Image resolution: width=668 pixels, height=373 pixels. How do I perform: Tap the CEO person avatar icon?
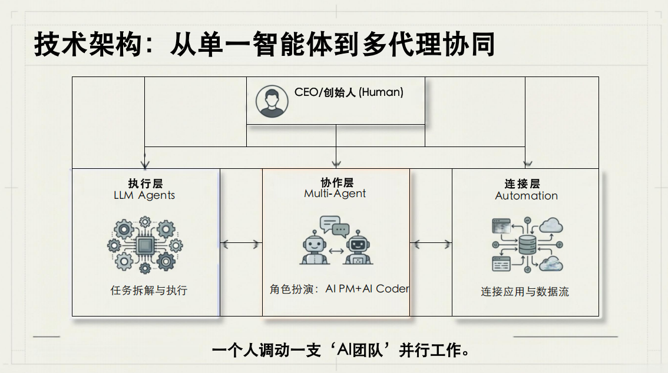click(x=272, y=101)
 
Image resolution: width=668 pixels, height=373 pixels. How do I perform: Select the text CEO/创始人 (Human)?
click(x=349, y=92)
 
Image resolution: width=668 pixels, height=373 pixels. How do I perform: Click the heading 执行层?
click(x=145, y=183)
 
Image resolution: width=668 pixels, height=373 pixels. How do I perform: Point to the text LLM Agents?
click(x=144, y=195)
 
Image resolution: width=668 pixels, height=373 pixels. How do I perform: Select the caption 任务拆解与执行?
click(x=148, y=291)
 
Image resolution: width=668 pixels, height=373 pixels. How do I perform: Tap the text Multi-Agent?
click(x=335, y=194)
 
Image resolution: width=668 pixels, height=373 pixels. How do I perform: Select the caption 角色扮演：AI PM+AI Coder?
click(x=339, y=289)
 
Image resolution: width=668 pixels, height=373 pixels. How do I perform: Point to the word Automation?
click(x=526, y=196)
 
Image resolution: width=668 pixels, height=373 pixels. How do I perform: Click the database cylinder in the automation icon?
click(x=525, y=244)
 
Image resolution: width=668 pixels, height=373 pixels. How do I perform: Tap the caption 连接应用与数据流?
click(x=525, y=292)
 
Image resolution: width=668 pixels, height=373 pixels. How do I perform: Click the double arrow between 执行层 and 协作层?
click(x=241, y=243)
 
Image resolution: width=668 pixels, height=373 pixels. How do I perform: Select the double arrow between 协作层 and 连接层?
click(x=431, y=243)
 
